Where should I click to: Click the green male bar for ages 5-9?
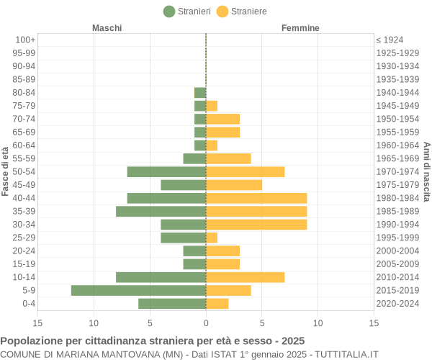pyautogui.click(x=138, y=290)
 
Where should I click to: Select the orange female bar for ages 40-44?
pyautogui.click(x=256, y=198)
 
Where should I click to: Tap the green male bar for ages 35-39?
pyautogui.click(x=161, y=211)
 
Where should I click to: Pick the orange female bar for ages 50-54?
pyautogui.click(x=245, y=171)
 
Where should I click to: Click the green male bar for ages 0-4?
pyautogui.click(x=172, y=303)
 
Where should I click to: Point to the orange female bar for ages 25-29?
pyautogui.click(x=212, y=238)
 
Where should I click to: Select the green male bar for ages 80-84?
pyautogui.click(x=200, y=92)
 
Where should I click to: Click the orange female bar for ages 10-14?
pyautogui.click(x=245, y=277)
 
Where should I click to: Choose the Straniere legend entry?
pyautogui.click(x=241, y=12)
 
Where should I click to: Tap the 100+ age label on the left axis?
pyautogui.click(x=24, y=40)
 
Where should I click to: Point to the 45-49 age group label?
pyautogui.click(x=24, y=185)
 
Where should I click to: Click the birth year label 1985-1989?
pyautogui.click(x=397, y=211)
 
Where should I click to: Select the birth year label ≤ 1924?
pyautogui.click(x=390, y=40)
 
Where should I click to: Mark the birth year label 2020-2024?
pyautogui.click(x=397, y=303)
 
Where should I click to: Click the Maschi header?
pyautogui.click(x=107, y=28)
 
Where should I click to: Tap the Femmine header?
pyautogui.click(x=300, y=28)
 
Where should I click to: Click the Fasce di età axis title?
pyautogui.click(x=6, y=171)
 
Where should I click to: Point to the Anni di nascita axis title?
pyautogui.click(x=426, y=171)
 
